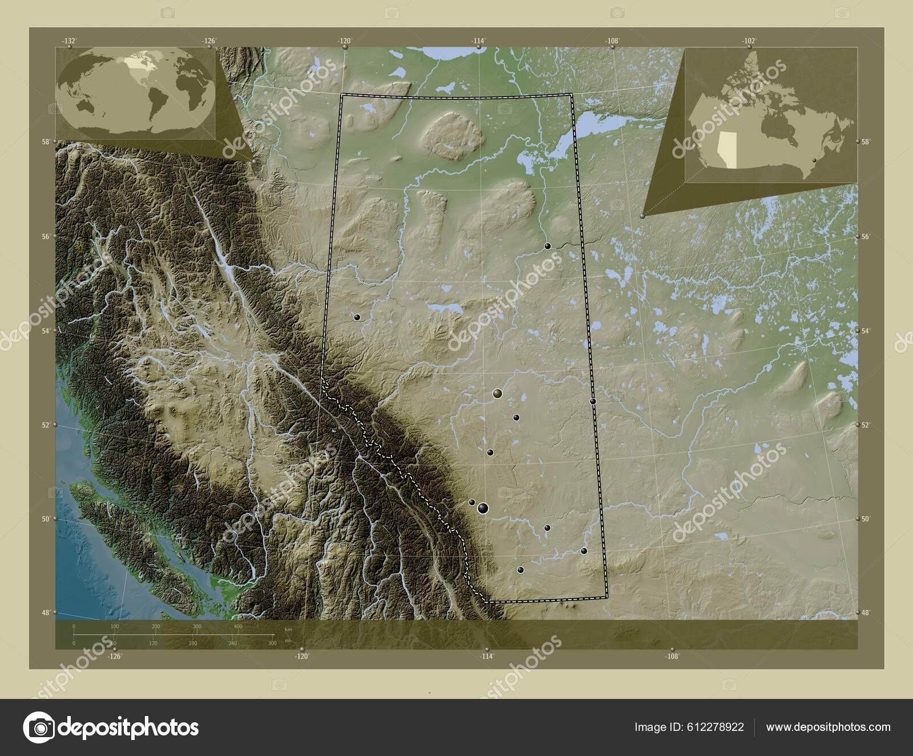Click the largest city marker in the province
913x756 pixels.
click(x=483, y=507)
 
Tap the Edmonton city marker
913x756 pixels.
click(x=497, y=393)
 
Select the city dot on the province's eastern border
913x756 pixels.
click(x=593, y=401)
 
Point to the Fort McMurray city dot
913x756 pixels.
click(x=547, y=246)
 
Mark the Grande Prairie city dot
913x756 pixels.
click(x=357, y=317)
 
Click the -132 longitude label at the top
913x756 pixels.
click(x=69, y=41)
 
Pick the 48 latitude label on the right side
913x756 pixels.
click(x=865, y=613)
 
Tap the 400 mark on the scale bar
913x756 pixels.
click(x=238, y=627)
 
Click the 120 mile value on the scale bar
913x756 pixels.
click(x=153, y=644)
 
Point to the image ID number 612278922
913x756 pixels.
click(x=717, y=727)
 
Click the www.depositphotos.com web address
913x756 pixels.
click(x=828, y=727)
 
